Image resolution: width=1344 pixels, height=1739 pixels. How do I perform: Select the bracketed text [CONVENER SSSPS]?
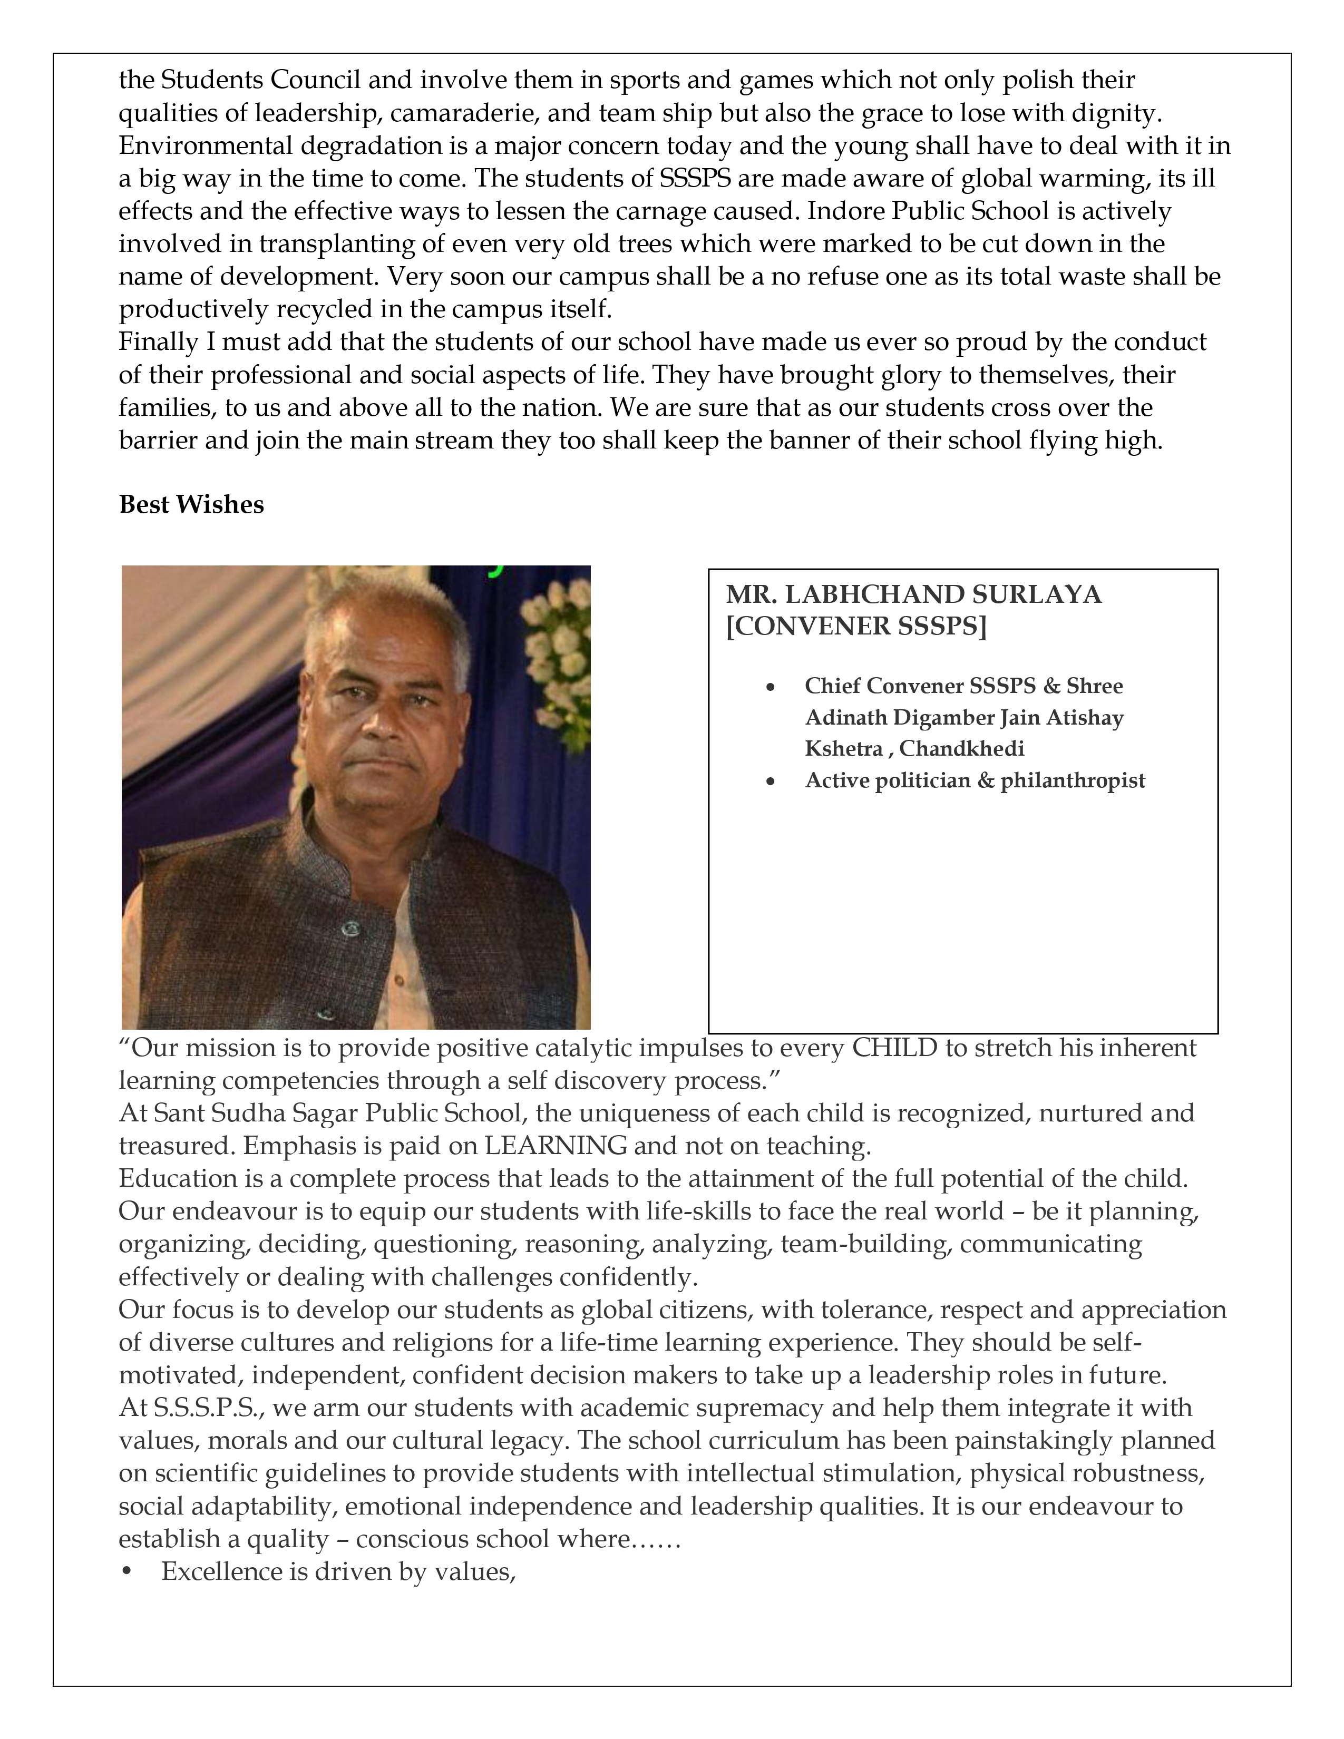pos(856,627)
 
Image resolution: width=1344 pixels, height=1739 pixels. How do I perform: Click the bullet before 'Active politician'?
pos(770,783)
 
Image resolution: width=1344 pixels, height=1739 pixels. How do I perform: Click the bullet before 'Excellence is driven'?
pos(126,1572)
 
